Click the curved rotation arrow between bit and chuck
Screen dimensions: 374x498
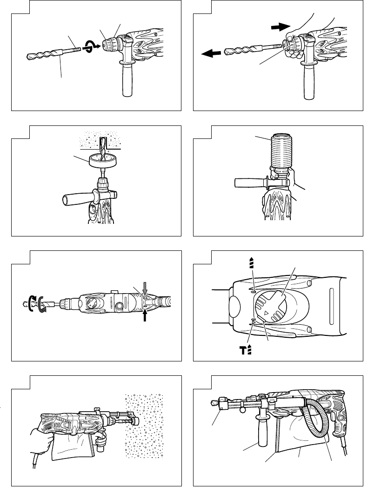click(88, 46)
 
